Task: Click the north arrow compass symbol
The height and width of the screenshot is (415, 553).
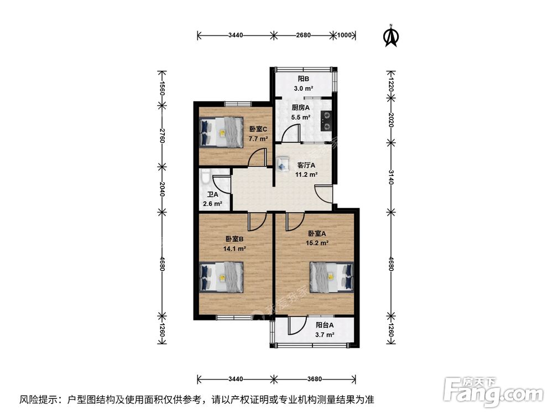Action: coord(392,35)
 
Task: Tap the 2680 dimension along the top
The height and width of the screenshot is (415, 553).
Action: coord(303,35)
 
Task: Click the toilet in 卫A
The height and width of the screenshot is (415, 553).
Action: coord(205,179)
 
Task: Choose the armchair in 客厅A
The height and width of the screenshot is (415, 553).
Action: coord(283,163)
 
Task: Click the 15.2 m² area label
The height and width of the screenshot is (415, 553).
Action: coord(318,242)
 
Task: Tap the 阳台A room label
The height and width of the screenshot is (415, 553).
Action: coord(325,325)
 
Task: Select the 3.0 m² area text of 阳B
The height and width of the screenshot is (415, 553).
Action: coord(304,89)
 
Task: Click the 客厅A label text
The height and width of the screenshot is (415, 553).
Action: coord(306,165)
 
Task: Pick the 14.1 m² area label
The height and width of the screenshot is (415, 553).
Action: coord(235,248)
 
